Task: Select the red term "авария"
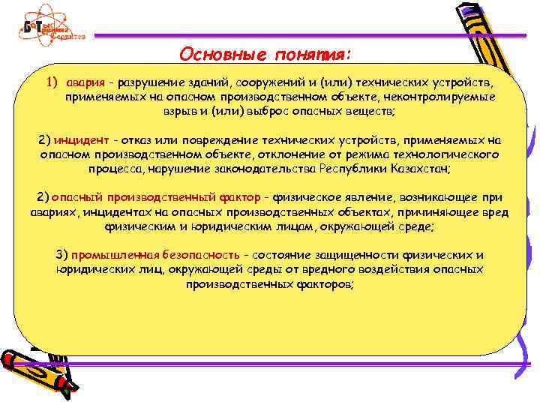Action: coord(80,82)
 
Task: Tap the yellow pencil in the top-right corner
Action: coord(480,37)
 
